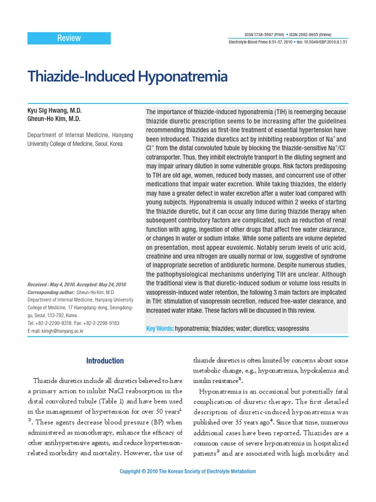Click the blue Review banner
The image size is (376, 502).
pyautogui.click(x=69, y=38)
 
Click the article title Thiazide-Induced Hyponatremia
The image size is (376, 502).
pyautogui.click(x=128, y=76)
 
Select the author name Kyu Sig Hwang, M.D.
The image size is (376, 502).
pyautogui.click(x=54, y=111)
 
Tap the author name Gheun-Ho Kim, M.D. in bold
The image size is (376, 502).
pyautogui.click(x=54, y=119)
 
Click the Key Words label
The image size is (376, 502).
pyautogui.click(x=160, y=328)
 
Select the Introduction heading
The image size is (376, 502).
pyautogui.click(x=105, y=361)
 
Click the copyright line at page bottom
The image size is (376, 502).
pyautogui.click(x=188, y=472)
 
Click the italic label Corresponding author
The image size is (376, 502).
pyautogui.click(x=51, y=292)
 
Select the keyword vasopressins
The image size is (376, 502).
pyautogui.click(x=293, y=328)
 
